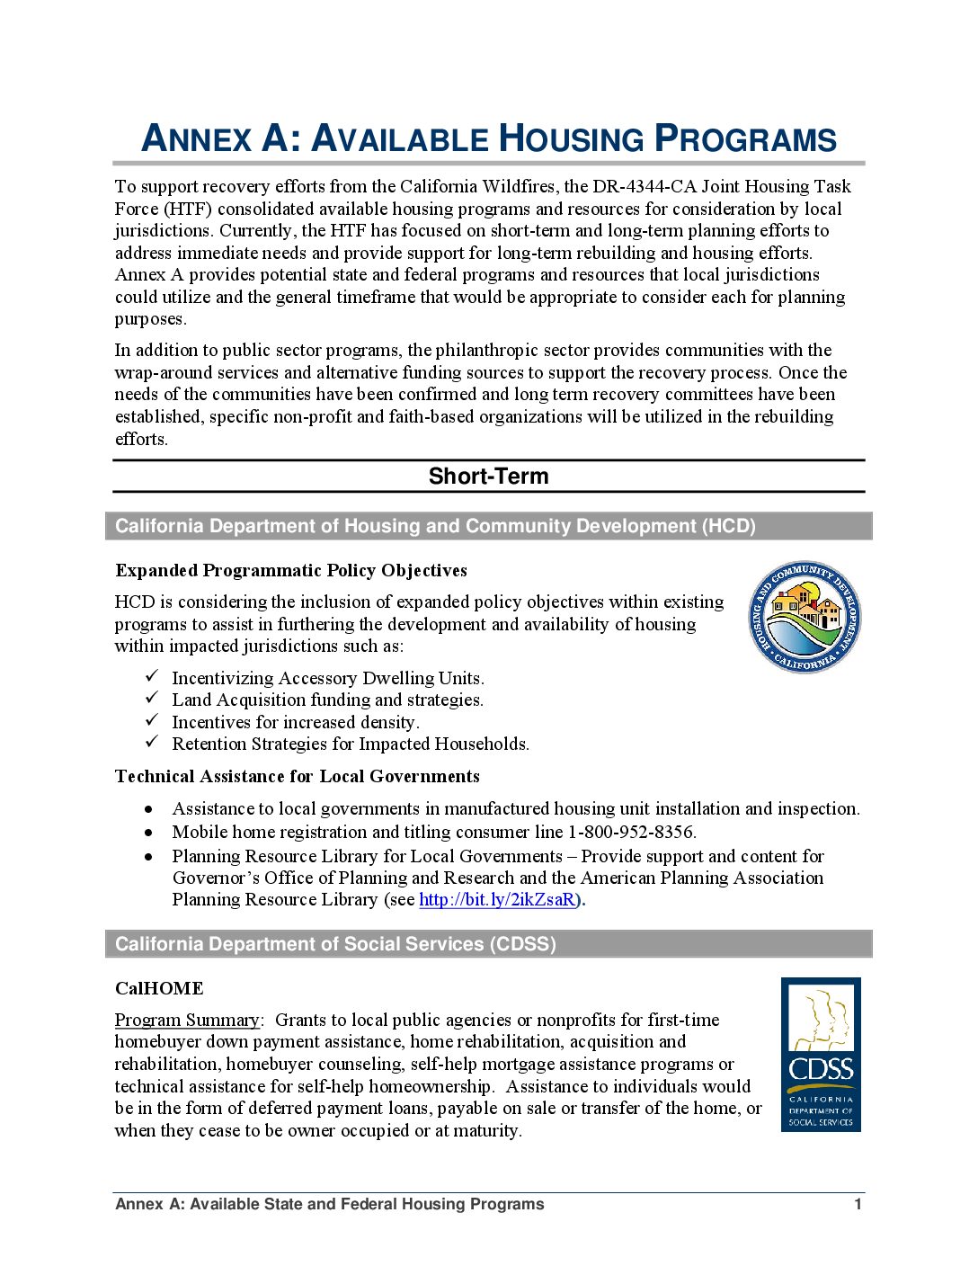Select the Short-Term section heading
click(488, 477)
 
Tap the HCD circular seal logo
click(805, 617)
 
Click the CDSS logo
click(821, 1054)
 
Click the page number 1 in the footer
click(858, 1204)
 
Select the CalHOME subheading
click(159, 988)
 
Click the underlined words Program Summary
click(187, 1021)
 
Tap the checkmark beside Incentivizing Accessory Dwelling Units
click(153, 676)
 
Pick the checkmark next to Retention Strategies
click(153, 742)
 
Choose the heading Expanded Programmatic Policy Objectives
click(290, 571)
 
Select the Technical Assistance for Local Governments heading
click(297, 777)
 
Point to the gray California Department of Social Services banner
click(488, 944)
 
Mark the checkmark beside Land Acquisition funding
click(153, 699)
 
